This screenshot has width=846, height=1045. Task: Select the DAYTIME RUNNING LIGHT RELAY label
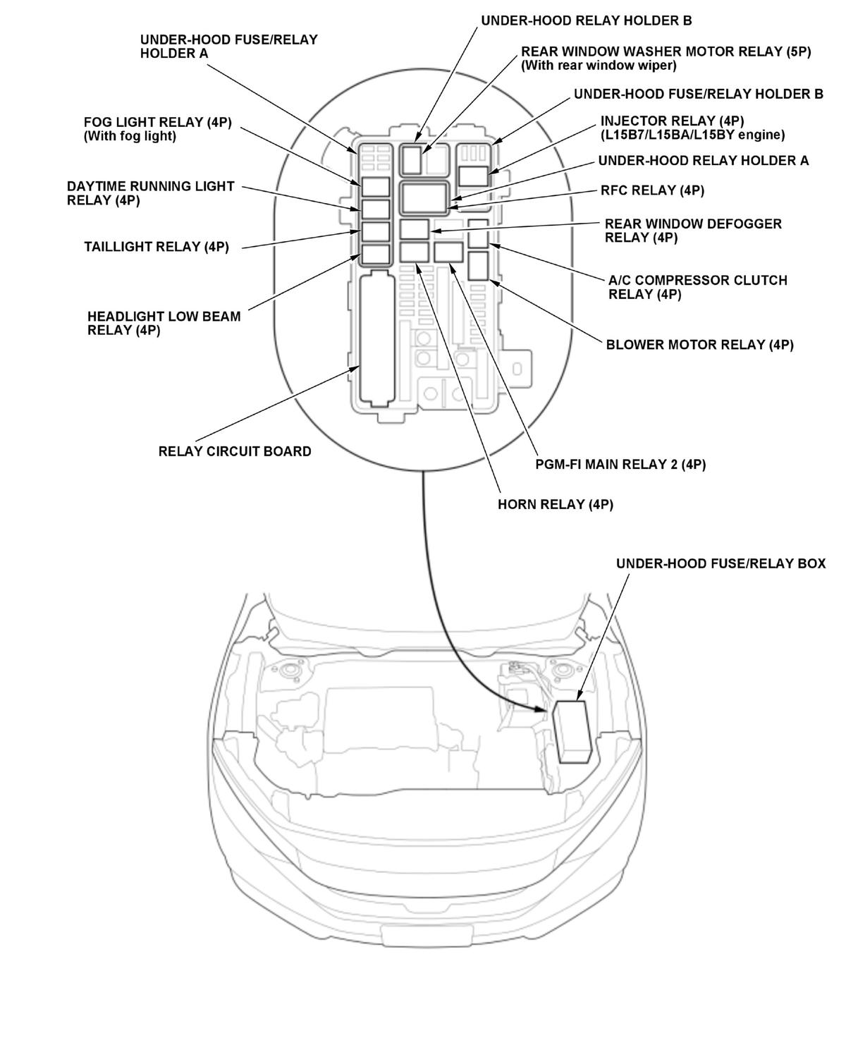tap(150, 193)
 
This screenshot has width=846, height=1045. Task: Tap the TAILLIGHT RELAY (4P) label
tap(157, 247)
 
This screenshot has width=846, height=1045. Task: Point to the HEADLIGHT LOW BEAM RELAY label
tap(164, 323)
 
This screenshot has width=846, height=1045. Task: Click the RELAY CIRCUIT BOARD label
tap(235, 451)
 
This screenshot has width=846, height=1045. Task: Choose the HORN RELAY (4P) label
tap(556, 505)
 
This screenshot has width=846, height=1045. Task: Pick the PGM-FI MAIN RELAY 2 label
tap(620, 465)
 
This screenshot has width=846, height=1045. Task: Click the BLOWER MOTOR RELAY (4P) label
tap(699, 345)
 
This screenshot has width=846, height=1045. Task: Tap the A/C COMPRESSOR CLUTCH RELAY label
tap(697, 287)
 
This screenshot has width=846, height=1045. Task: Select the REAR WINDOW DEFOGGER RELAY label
tap(693, 231)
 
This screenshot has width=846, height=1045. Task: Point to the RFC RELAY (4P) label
tap(652, 190)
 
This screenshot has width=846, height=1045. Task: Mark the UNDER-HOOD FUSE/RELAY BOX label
tap(721, 564)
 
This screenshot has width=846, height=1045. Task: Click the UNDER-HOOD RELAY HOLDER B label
tap(586, 20)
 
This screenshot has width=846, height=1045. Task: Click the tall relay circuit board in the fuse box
tap(376, 338)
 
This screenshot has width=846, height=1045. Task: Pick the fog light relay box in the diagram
tap(376, 187)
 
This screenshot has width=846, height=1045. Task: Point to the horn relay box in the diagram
tap(414, 252)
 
